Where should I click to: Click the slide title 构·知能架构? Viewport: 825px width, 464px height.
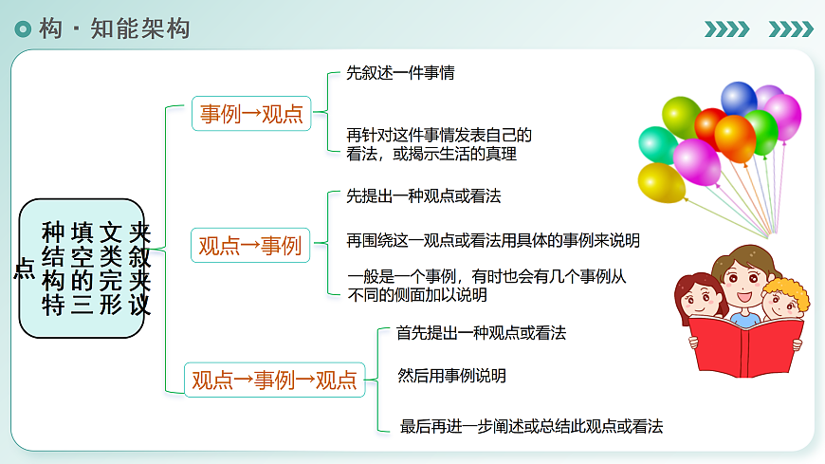point(115,28)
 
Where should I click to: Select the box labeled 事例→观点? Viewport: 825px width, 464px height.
point(251,115)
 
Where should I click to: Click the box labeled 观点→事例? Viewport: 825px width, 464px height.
point(249,246)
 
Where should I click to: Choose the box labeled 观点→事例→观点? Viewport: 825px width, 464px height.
point(274,380)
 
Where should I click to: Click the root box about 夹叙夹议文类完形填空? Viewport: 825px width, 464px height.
point(82,269)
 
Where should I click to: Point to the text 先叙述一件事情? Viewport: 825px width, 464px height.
point(399,72)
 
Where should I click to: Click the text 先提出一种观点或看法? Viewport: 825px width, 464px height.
point(423,196)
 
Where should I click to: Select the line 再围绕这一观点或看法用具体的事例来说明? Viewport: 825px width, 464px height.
point(493,240)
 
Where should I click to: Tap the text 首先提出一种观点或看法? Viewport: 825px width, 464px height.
point(481,333)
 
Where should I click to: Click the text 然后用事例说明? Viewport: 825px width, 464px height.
point(452,376)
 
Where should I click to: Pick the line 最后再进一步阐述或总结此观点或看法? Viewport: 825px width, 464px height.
point(531,426)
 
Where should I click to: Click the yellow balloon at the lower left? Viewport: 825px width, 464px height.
point(661,182)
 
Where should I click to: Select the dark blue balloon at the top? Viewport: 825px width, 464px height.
point(739,98)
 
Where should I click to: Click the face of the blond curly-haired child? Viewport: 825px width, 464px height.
point(781,303)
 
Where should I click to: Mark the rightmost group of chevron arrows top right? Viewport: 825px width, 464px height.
point(790,28)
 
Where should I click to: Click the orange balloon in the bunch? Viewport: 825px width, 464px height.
point(735,137)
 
